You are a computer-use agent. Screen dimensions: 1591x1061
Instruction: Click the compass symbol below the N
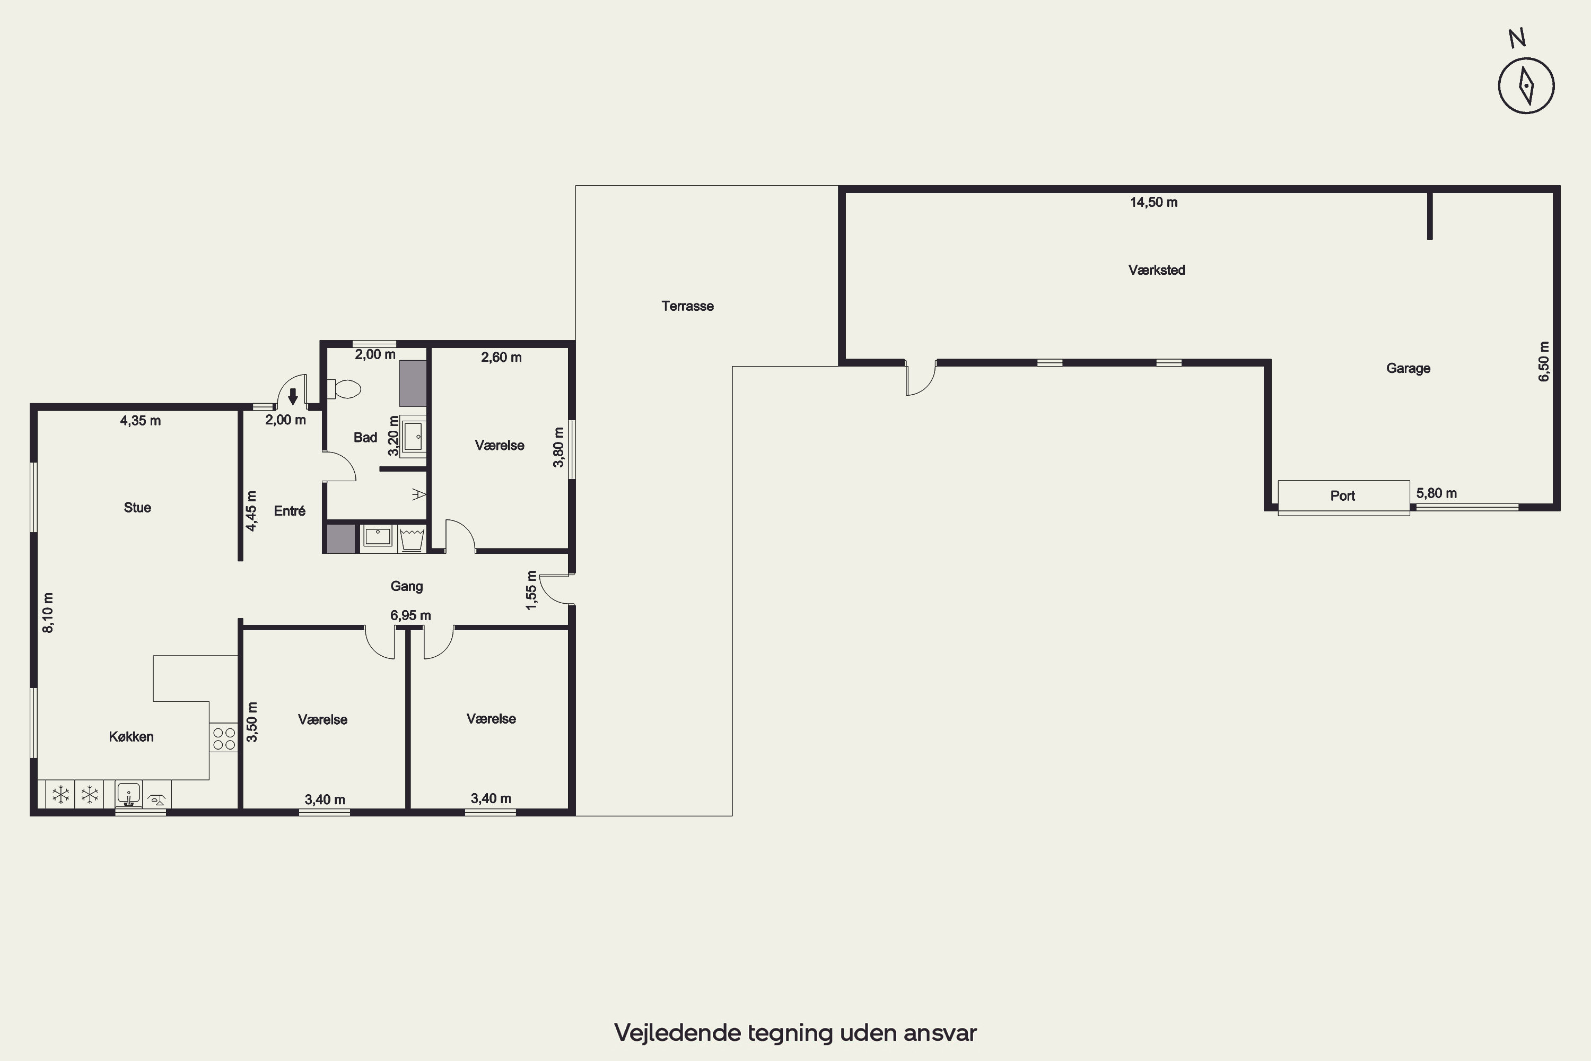(1526, 85)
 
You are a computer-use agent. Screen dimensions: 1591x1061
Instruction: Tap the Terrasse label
(687, 306)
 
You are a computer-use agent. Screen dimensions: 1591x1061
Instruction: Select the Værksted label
(1157, 270)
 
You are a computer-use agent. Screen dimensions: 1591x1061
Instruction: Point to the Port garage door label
(1343, 496)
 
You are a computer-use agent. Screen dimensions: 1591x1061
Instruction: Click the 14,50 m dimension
(1154, 202)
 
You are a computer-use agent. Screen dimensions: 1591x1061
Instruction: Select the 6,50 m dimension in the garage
(1544, 361)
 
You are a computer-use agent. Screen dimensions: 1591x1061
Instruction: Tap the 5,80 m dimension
(1437, 493)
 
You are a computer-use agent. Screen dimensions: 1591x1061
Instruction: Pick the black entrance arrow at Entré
(293, 396)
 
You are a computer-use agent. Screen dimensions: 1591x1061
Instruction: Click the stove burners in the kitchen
(224, 738)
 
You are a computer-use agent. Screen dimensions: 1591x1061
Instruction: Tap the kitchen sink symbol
(128, 793)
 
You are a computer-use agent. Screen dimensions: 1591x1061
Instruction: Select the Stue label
(137, 508)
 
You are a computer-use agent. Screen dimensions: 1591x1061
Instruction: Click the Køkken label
(131, 737)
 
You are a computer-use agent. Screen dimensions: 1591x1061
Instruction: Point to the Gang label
(407, 586)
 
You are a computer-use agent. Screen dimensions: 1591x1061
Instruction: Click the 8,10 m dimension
(48, 613)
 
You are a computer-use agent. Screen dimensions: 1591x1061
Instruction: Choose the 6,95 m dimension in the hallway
(410, 616)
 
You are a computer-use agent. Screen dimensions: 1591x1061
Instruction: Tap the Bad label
(365, 437)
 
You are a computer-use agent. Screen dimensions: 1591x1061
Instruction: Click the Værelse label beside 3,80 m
(499, 445)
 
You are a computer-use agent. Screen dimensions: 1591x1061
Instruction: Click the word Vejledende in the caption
(678, 1033)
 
